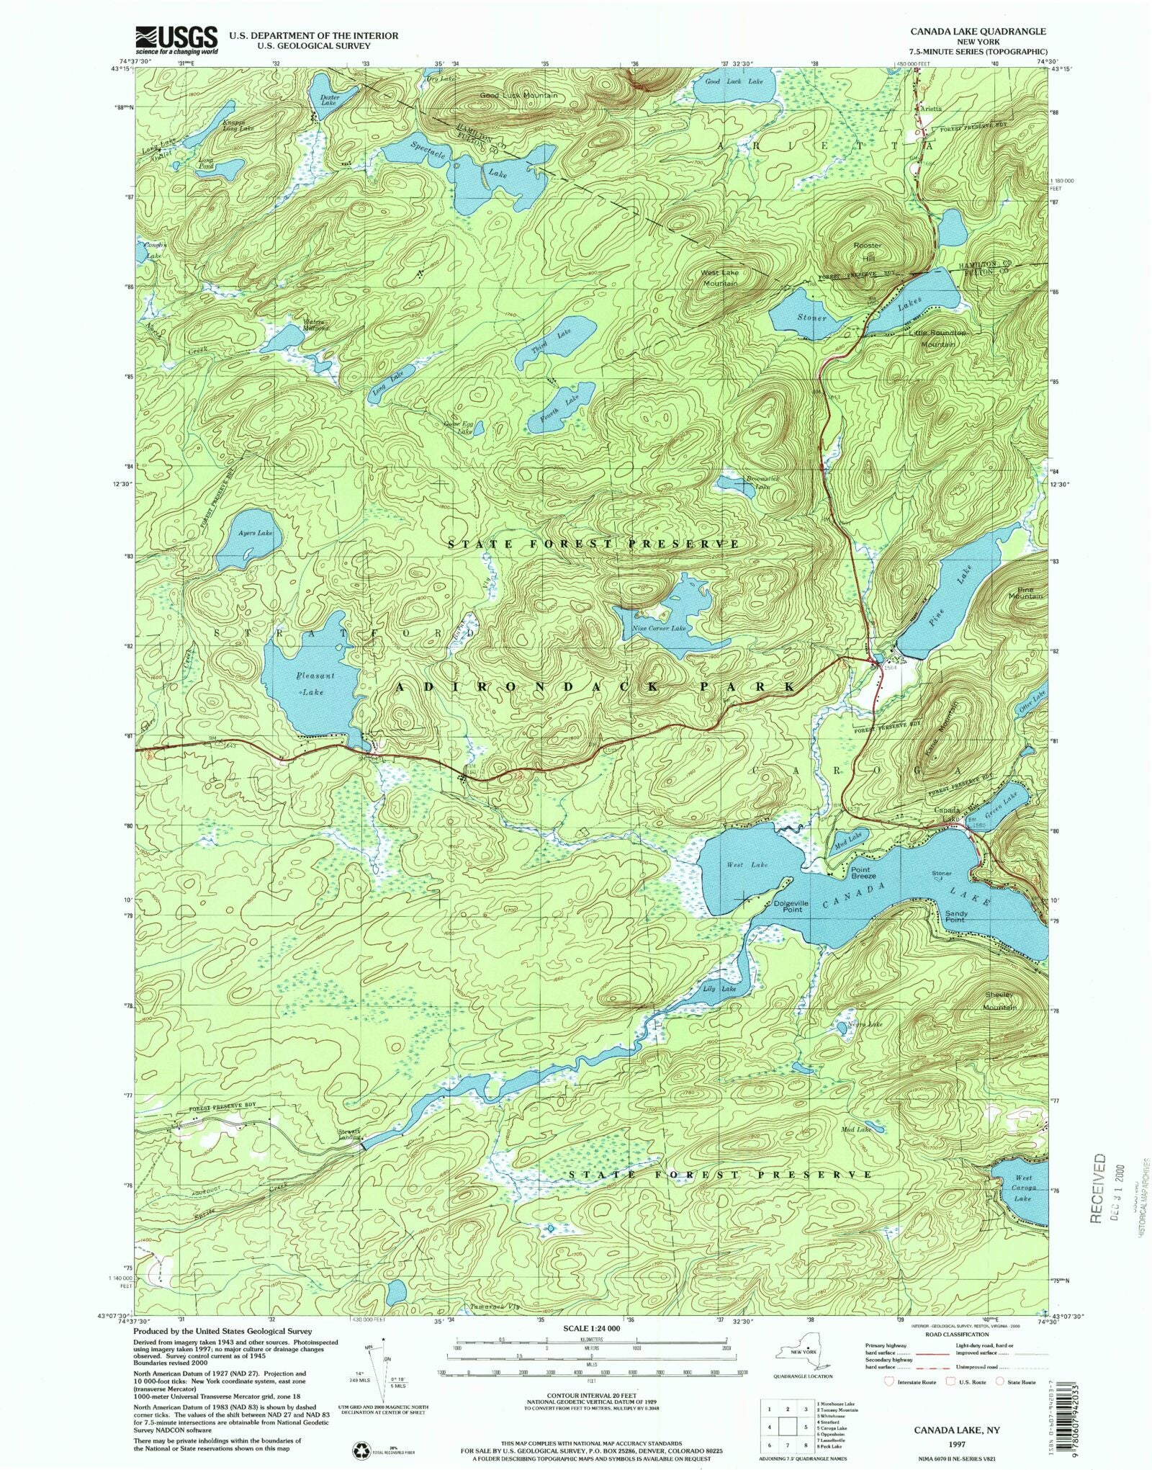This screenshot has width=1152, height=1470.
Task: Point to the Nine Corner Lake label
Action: click(x=659, y=629)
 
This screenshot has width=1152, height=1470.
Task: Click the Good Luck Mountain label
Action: click(x=518, y=95)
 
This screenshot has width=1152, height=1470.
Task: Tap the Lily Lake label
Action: click(x=719, y=990)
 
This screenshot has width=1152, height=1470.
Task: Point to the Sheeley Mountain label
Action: click(x=999, y=1000)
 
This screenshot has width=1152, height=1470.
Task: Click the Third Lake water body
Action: click(x=557, y=343)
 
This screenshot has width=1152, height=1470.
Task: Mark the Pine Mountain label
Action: click(x=1025, y=593)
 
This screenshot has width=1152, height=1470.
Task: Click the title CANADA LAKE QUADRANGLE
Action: click(x=978, y=32)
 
